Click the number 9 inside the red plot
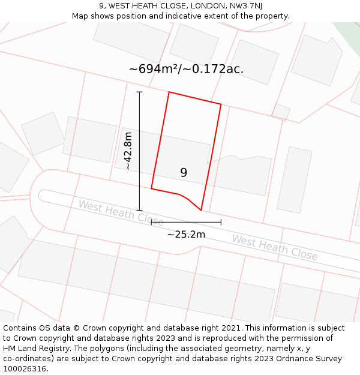tap(184, 173)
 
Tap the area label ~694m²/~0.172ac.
tap(186, 69)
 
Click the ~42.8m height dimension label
tap(128, 151)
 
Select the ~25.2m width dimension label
tap(186, 234)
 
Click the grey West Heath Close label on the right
tap(275, 247)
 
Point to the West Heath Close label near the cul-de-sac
tap(121, 213)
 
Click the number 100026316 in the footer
tap(24, 368)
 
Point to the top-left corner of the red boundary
tap(169, 92)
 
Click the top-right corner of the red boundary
tap(221, 104)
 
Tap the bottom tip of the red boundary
tap(201, 211)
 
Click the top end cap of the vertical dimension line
tap(139, 92)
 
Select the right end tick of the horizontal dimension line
tap(221, 222)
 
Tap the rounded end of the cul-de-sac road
tap(42, 195)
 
